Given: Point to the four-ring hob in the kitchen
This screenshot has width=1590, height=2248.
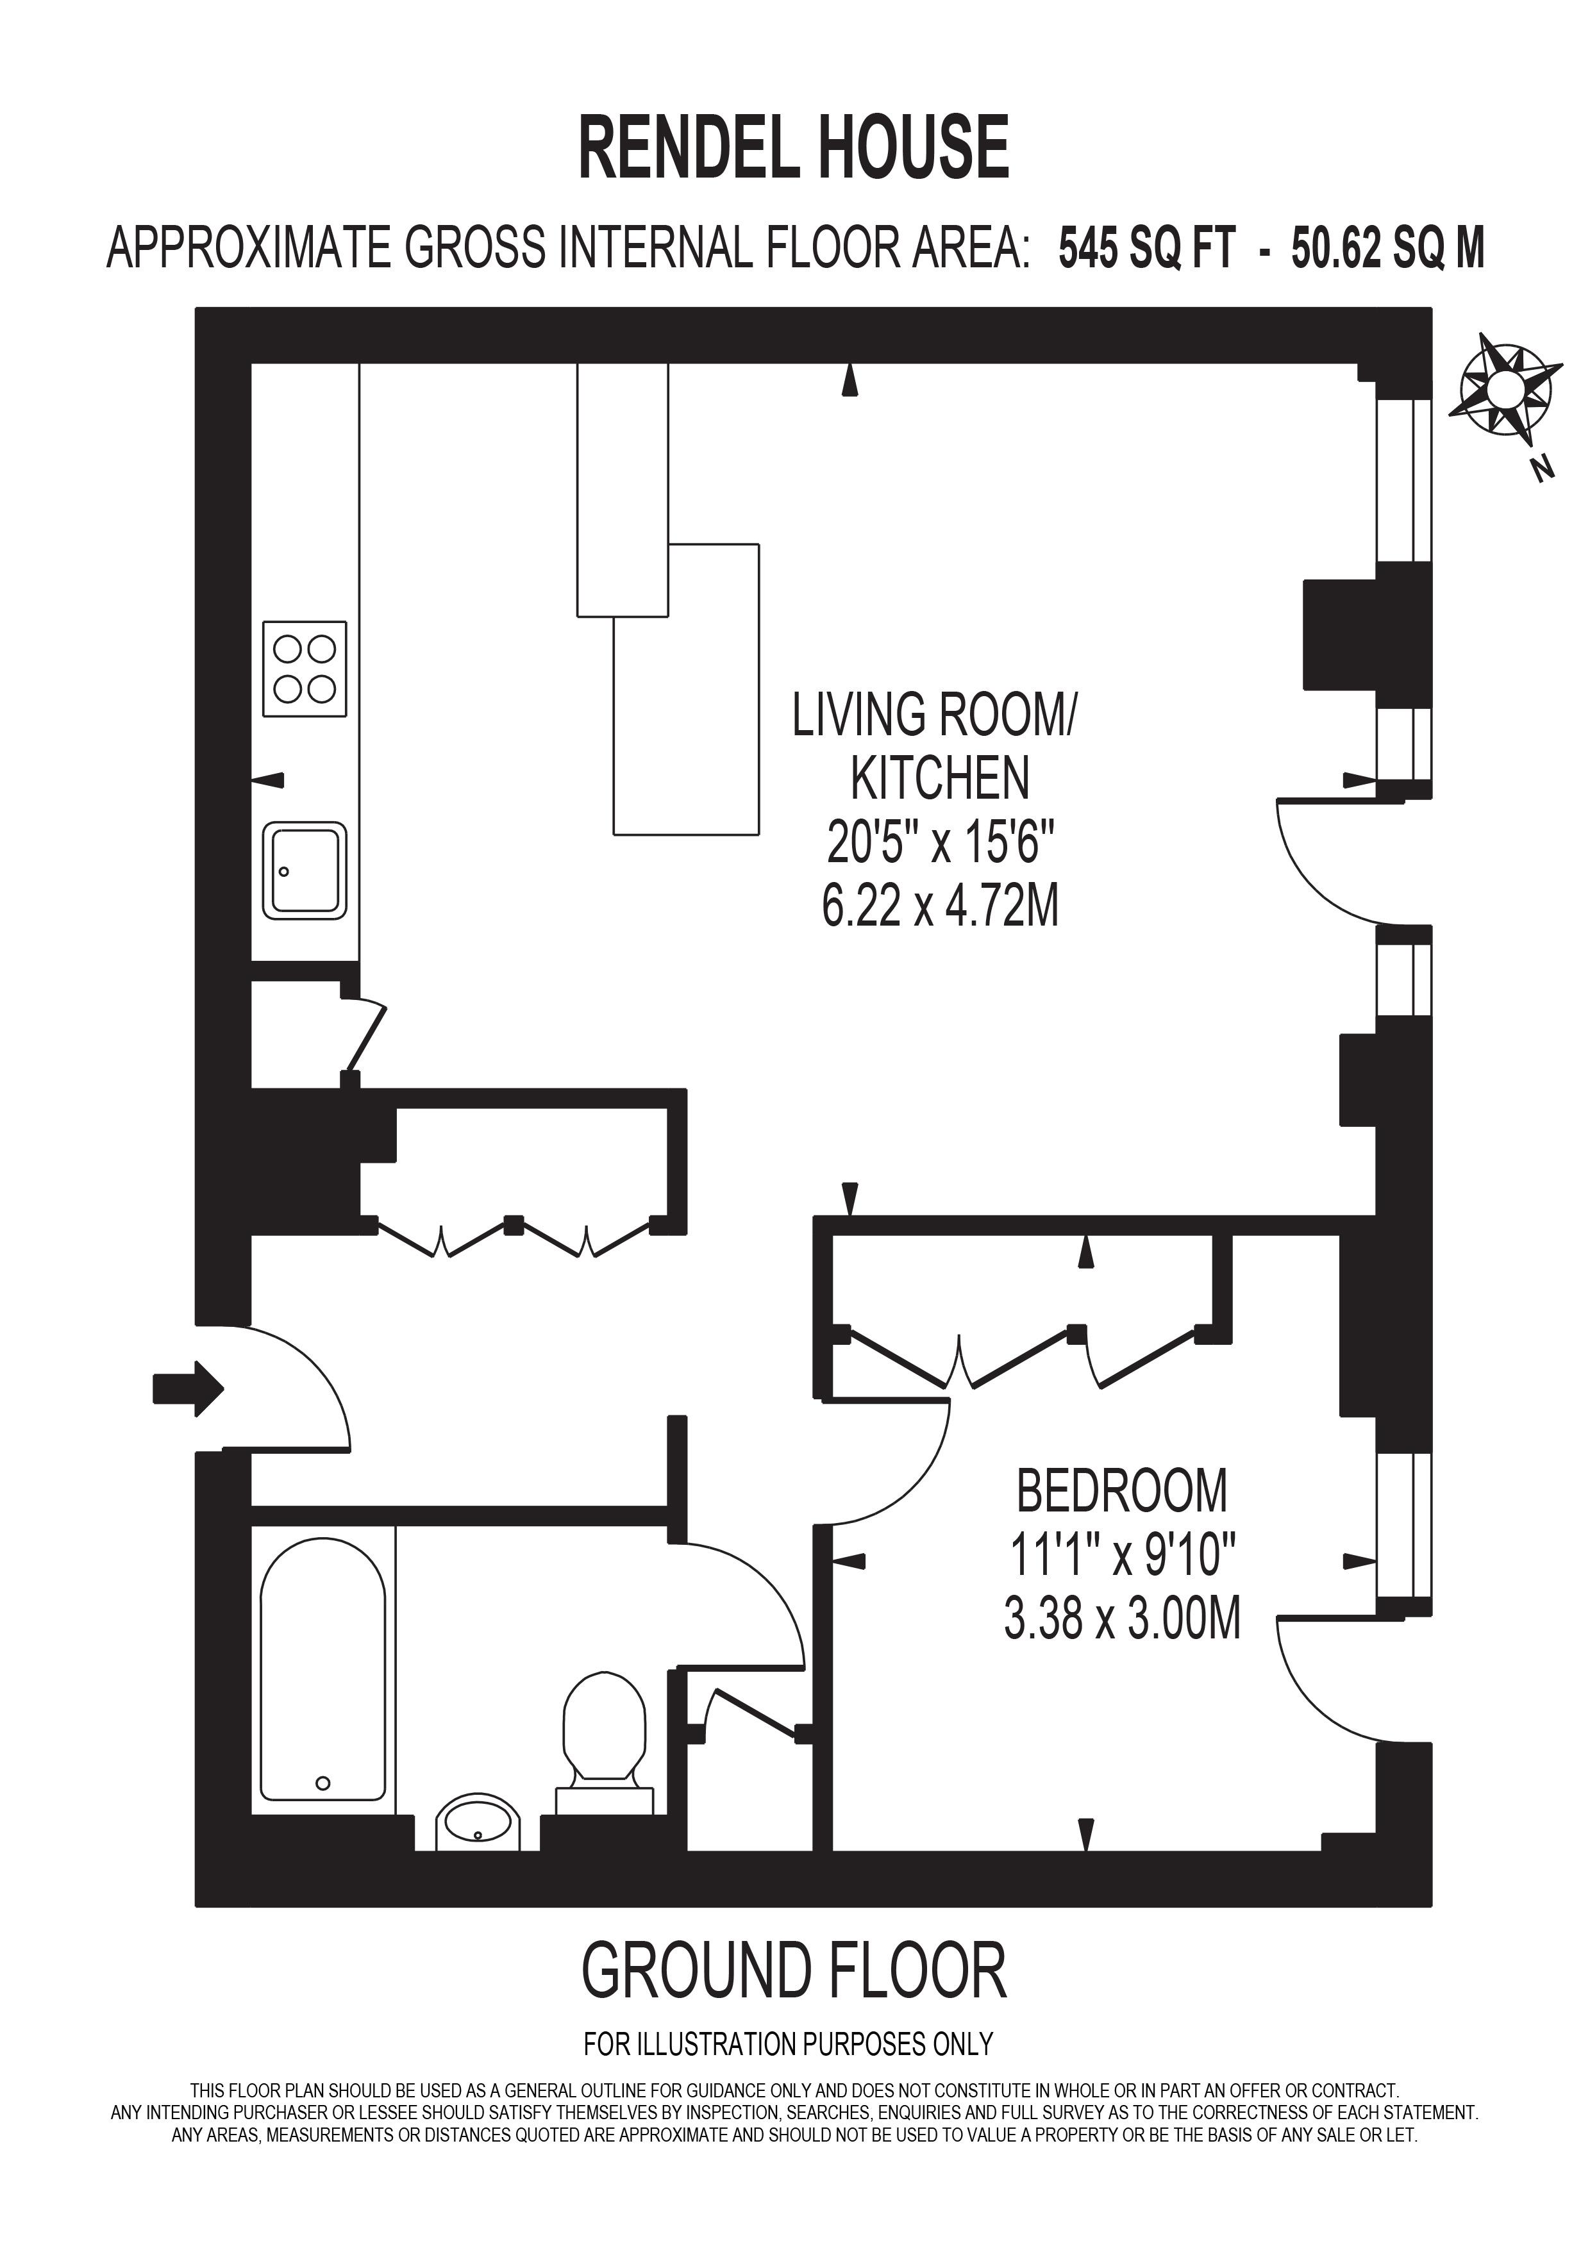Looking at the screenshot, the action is pyautogui.click(x=305, y=669).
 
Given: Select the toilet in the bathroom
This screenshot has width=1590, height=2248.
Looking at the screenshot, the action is pyautogui.click(x=604, y=1728).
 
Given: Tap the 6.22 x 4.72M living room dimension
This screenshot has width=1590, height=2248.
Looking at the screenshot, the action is pyautogui.click(x=940, y=906).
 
